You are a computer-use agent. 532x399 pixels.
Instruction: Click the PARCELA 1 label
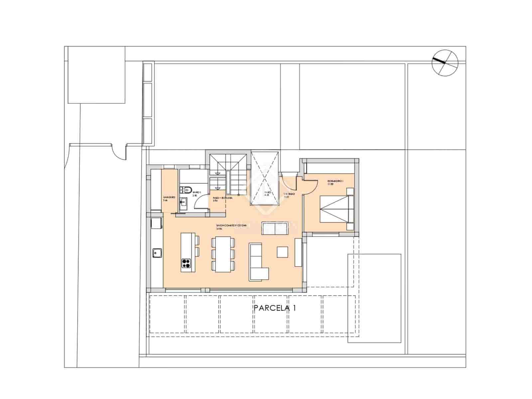point(275,308)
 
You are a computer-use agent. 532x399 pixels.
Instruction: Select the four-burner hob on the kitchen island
point(187,264)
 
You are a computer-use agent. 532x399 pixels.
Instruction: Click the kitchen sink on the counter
point(157,253)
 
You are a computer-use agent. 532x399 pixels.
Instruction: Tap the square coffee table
point(283,251)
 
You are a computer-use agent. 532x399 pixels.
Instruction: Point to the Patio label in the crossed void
point(267,194)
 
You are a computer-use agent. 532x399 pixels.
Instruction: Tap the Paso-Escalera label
point(222,199)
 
